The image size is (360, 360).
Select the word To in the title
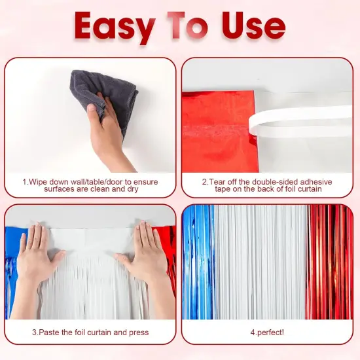pos(188,26)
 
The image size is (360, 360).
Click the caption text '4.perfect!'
pos(267,332)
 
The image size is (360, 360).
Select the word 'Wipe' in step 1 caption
pos(38,181)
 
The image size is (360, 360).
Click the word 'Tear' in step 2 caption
pos(220,181)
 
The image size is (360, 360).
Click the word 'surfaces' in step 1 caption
pos(61,189)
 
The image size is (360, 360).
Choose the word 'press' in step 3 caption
pos(138,332)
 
